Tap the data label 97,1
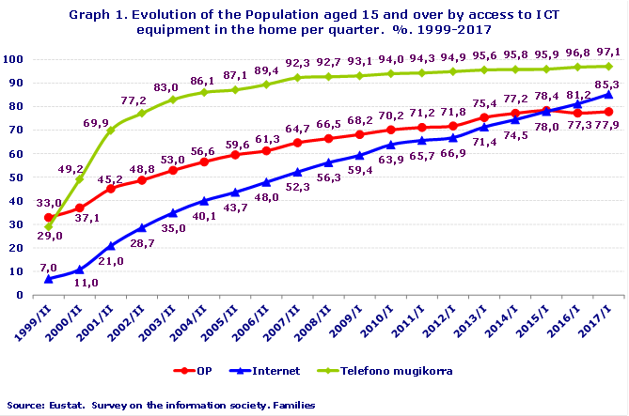coord(609,50)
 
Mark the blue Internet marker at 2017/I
coord(609,94)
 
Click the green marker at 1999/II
coord(49,226)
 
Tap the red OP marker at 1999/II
coord(49,217)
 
